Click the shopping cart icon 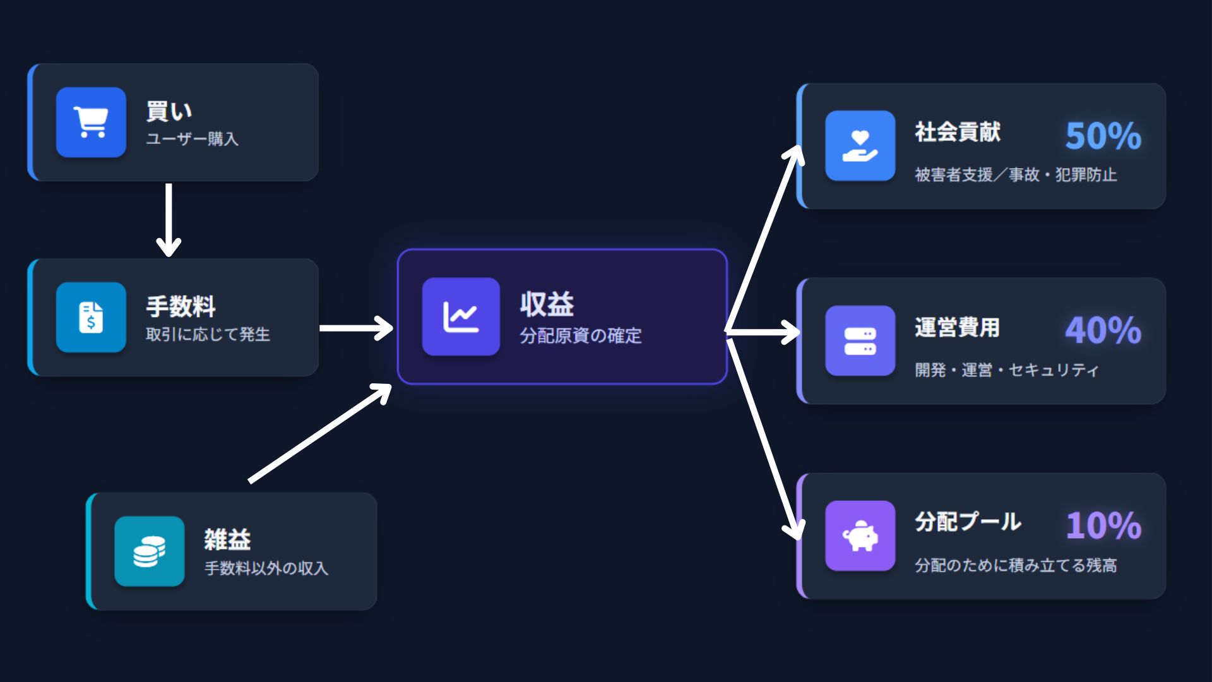(91, 123)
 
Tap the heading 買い (169, 111)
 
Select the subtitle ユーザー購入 (192, 139)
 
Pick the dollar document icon (91, 317)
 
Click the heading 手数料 (181, 307)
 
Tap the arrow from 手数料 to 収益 (357, 328)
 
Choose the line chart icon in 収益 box (461, 317)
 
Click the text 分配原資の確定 (580, 336)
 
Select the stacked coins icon (149, 551)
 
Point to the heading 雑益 (227, 540)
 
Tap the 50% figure (1103, 136)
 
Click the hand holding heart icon (860, 146)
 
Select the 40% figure (1103, 330)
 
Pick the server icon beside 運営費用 (860, 341)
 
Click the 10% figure (1103, 525)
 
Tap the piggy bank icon (860, 536)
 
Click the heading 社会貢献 (958, 133)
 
